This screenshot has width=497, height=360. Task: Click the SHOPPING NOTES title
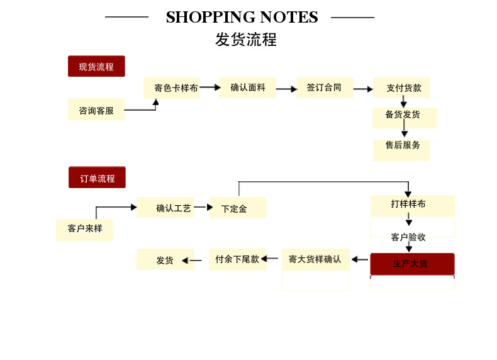[x=242, y=18]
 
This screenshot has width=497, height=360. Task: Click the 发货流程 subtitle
[x=246, y=40]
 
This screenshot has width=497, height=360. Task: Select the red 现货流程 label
[x=96, y=66]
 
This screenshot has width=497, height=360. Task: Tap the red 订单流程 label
[x=97, y=177]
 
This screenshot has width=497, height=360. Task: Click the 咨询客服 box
[x=96, y=110]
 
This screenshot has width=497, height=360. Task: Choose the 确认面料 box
[x=247, y=87]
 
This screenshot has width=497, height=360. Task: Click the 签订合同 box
[x=324, y=87]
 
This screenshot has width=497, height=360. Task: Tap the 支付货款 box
[x=402, y=87]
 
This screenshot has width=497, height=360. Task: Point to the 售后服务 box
[x=402, y=146]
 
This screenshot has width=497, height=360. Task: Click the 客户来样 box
[x=84, y=228]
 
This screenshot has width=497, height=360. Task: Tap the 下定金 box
[x=237, y=208]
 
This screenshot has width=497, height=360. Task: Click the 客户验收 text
[x=408, y=237]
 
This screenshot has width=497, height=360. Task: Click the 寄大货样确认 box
[x=315, y=259]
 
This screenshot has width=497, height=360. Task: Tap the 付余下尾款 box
[x=237, y=259]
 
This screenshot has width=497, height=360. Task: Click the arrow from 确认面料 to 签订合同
[x=286, y=89]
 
